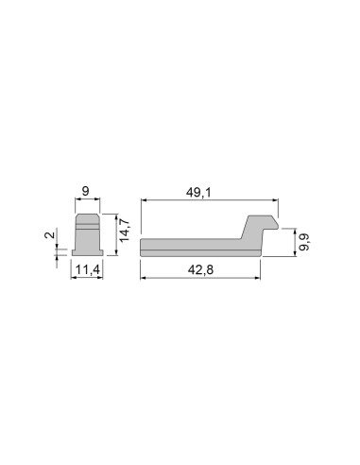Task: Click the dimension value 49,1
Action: pos(197,193)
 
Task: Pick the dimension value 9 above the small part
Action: pos(86,193)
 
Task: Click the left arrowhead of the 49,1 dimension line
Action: pos(143,201)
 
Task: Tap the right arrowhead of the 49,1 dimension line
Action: pos(279,201)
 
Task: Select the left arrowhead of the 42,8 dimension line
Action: pos(143,278)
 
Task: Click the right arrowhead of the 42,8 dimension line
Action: pos(261,278)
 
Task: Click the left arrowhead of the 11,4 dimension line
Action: pos(74,278)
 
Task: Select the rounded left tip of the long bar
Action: pos(142,246)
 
